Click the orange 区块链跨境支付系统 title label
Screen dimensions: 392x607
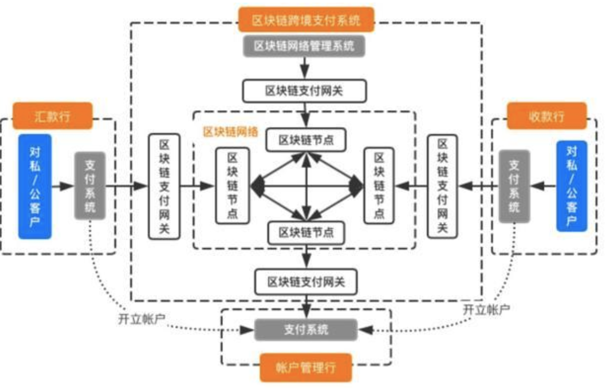point(306,20)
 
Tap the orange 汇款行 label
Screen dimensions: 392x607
point(52,116)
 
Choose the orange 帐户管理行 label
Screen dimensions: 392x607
point(306,367)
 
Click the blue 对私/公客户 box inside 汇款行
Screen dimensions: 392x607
point(35,186)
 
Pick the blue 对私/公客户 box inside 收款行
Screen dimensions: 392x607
point(571,186)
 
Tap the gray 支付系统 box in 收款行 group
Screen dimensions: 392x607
point(514,186)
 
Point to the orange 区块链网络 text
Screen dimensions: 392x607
point(230,132)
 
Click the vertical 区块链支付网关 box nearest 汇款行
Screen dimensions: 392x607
point(164,186)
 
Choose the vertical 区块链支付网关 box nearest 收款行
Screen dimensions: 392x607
point(442,186)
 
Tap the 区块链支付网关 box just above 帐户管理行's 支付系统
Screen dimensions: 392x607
point(306,282)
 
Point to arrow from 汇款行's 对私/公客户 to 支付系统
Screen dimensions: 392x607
point(63,186)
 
